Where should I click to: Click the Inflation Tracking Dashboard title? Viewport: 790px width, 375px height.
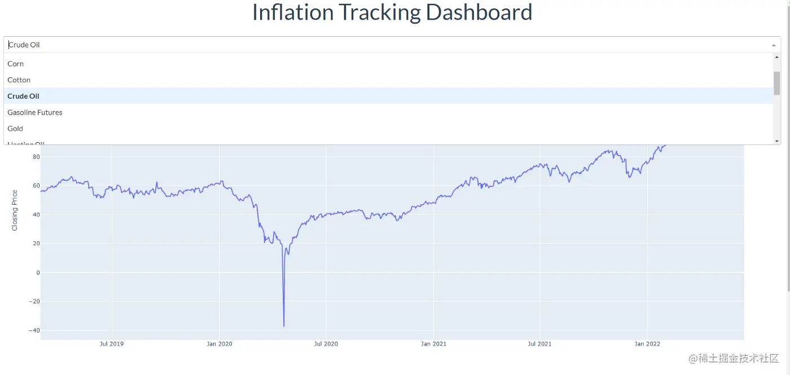(392, 12)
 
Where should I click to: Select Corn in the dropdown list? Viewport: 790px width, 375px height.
(16, 64)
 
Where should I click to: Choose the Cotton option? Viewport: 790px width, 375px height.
(19, 80)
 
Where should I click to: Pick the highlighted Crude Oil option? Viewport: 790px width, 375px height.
(24, 96)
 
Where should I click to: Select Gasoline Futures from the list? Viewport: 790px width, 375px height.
(35, 112)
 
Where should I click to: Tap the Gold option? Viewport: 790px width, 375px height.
(15, 129)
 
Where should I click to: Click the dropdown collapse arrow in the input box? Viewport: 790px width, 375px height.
(774, 45)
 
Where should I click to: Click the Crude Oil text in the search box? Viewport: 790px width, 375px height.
(24, 45)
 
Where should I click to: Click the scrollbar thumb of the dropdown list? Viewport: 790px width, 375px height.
(777, 83)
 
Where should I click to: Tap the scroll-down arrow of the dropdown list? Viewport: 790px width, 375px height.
(777, 141)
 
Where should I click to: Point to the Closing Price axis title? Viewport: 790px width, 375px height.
(15, 210)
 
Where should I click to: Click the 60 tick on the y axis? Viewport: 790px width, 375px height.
(36, 186)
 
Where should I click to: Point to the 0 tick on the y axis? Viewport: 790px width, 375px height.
(38, 272)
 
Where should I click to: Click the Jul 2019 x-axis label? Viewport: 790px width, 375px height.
(112, 343)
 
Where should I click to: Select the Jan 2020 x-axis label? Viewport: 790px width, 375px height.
(219, 343)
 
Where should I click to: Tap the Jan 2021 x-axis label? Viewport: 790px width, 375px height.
(433, 343)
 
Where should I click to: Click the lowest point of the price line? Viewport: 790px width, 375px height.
(284, 326)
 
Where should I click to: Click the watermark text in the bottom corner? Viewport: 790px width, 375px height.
(732, 359)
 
